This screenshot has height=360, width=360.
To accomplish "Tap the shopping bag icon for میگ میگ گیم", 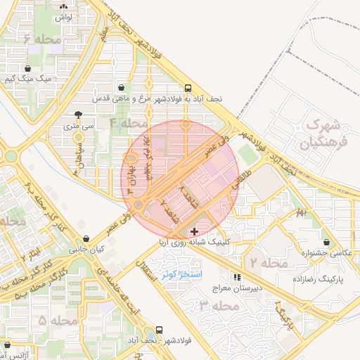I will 27,69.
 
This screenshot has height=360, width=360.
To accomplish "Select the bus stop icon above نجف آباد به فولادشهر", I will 188,89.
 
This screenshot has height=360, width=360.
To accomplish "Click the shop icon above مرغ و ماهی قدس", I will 123,89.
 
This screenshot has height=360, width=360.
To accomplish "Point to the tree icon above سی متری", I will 78,115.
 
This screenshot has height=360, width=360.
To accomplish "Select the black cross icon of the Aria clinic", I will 195,231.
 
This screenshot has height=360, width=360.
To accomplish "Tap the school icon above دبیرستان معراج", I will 238,278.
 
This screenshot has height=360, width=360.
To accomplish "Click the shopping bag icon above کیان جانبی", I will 86,239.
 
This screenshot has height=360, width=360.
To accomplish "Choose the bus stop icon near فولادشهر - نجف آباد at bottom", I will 160,330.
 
